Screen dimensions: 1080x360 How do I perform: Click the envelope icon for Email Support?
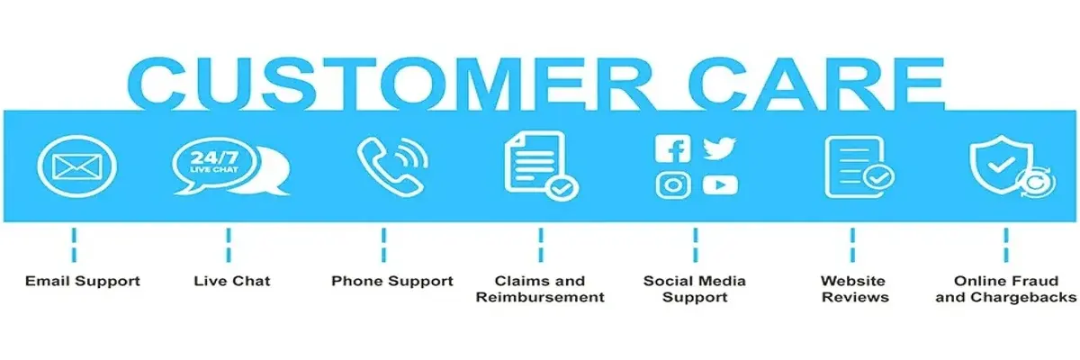tap(77, 166)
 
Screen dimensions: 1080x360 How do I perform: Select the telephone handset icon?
tap(387, 167)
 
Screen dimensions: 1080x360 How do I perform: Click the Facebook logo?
tap(672, 148)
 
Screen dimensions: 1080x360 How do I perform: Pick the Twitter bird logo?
tap(719, 148)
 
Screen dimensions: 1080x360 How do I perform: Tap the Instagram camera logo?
tap(673, 185)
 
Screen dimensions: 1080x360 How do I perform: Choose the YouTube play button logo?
tap(720, 185)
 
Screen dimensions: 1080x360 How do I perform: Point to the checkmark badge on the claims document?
tap(562, 188)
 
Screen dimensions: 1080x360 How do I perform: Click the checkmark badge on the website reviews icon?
tap(878, 177)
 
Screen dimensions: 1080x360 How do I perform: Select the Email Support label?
tap(83, 281)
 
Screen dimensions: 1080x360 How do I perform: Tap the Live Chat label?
tap(232, 281)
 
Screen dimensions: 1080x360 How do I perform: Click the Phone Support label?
tap(392, 281)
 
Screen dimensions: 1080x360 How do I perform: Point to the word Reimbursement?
tap(540, 297)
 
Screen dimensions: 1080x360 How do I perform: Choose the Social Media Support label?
tap(694, 289)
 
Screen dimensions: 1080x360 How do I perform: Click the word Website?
tap(853, 281)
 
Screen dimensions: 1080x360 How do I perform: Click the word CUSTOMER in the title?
tap(390, 84)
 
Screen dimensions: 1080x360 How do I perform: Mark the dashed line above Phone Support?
tap(383, 245)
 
